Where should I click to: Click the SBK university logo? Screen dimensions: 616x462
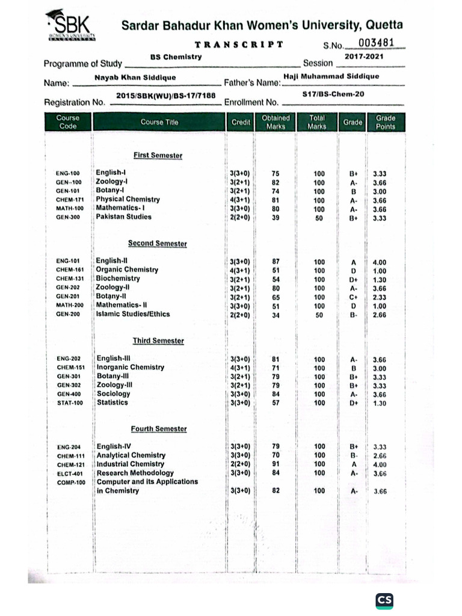pos(71,28)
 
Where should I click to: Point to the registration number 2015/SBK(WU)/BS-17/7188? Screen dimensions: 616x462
pos(165,96)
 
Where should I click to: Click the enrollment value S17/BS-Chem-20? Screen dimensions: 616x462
pos(334,94)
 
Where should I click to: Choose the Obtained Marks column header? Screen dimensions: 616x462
pos(276,122)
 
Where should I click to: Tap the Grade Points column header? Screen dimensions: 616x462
pos(386,122)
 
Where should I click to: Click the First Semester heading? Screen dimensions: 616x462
pos(158,155)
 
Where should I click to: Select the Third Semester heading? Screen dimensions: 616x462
pos(158,340)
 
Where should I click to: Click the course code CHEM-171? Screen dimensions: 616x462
pos(70,200)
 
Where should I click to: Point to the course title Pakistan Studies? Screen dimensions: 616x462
pos(124,217)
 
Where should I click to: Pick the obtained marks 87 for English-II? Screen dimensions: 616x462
pos(276,262)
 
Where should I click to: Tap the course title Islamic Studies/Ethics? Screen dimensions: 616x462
pos(133,314)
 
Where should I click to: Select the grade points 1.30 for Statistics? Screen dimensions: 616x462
pos(380,403)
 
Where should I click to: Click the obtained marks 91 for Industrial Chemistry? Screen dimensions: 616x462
pos(276,464)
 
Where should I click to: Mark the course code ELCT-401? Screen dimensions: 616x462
pos(69,473)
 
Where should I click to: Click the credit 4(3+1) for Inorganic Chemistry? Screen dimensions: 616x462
pos(240,368)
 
